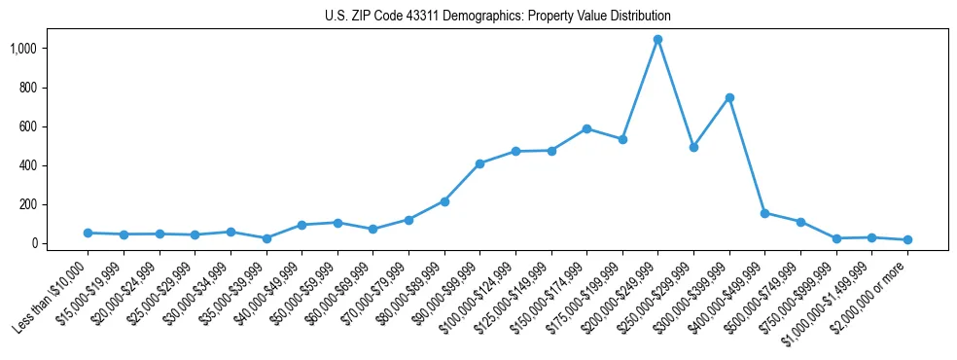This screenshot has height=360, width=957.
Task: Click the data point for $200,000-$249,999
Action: tap(657, 39)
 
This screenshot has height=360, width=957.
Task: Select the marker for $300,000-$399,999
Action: tap(729, 97)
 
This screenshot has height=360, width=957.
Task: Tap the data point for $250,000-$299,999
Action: tap(693, 147)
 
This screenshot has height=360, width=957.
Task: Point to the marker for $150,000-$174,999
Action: tap(586, 128)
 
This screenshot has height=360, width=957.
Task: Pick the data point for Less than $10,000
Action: tap(88, 233)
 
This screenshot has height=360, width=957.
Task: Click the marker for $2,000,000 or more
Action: tap(907, 239)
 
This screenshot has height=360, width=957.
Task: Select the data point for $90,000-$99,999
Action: tap(479, 163)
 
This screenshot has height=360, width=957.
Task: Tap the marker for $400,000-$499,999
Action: tap(764, 213)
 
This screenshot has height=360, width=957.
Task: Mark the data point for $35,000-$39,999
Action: tap(266, 238)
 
